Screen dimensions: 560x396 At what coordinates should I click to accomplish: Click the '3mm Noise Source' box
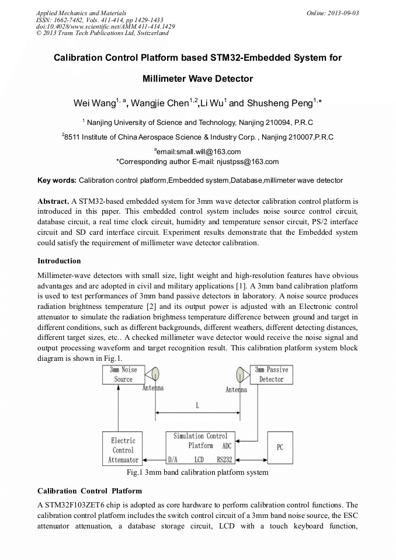[123, 374]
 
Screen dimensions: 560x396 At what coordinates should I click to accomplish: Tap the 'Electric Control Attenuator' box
[123, 450]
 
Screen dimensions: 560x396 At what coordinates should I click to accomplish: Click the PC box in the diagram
[280, 448]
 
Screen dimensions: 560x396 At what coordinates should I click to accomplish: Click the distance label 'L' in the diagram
[197, 404]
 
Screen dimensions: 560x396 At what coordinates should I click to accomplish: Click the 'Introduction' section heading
[59, 261]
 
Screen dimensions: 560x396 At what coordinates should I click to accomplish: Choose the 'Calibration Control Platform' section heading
[89, 491]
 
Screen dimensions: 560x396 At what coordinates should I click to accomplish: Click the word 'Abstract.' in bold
[53, 201]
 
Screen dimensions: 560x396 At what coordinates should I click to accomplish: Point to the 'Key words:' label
[57, 180]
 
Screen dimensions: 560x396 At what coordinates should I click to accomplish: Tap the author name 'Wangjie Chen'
[161, 104]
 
